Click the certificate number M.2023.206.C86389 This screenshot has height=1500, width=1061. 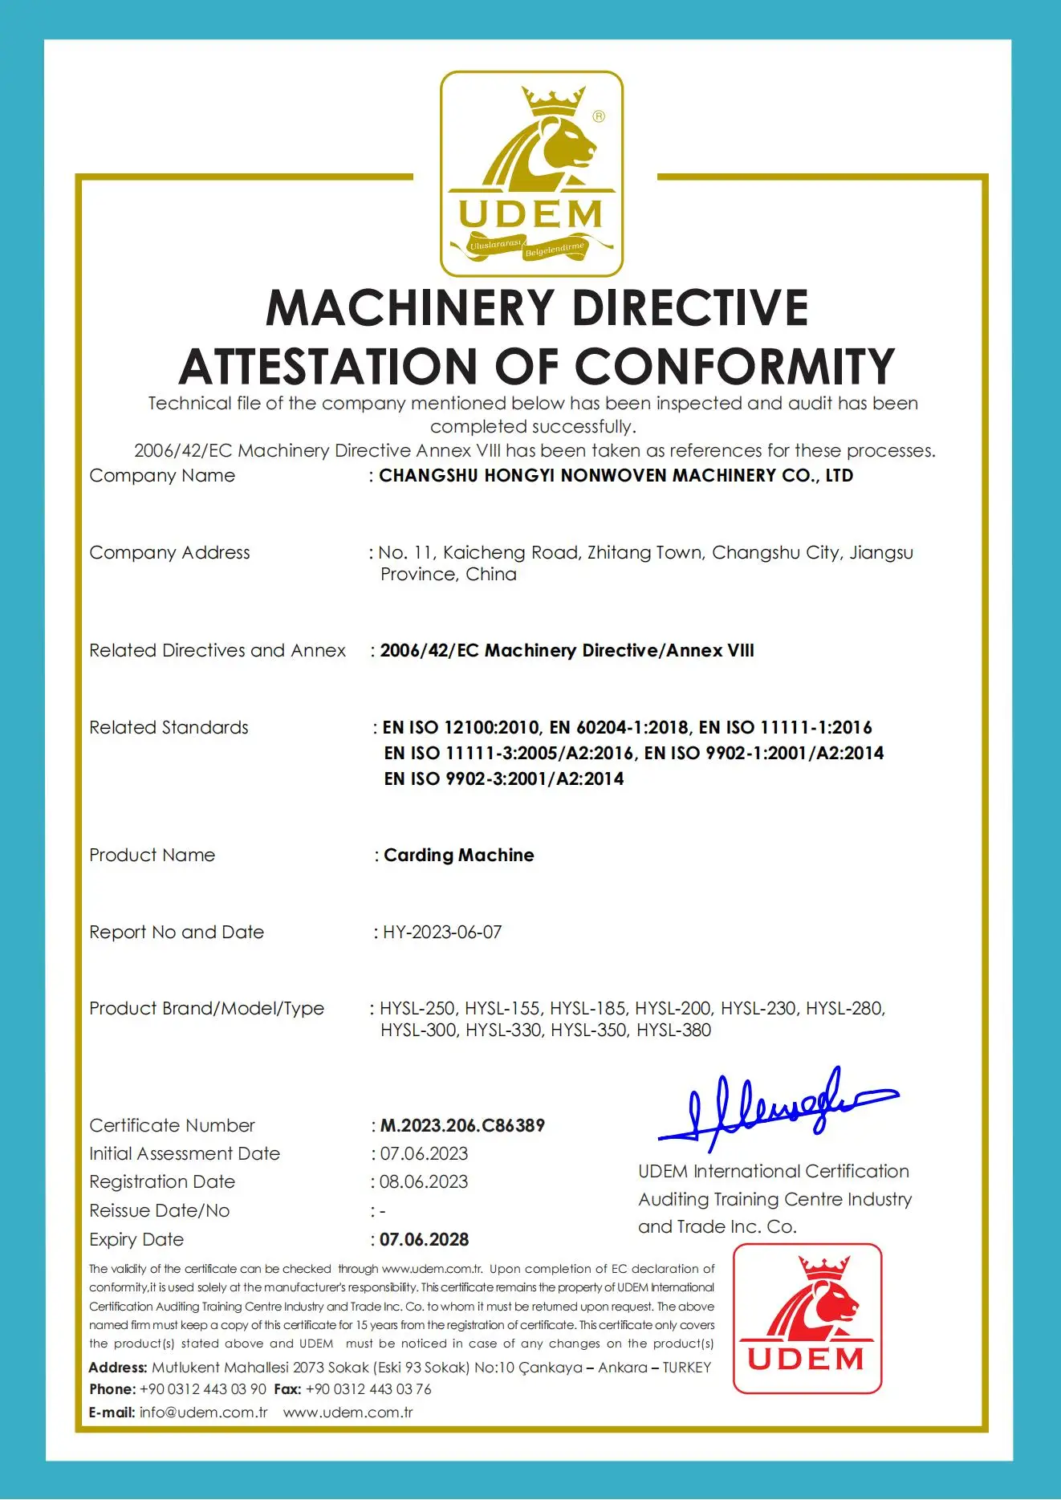[x=462, y=1125]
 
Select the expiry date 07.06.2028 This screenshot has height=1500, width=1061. [x=424, y=1239]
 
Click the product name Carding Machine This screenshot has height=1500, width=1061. [x=458, y=855]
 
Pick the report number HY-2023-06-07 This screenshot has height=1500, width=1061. [x=442, y=932]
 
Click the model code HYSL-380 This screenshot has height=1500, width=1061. [x=673, y=1030]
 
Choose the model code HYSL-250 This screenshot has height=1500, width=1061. [x=418, y=1008]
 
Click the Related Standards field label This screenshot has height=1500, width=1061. [x=169, y=727]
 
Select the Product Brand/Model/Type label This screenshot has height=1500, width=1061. [x=206, y=1008]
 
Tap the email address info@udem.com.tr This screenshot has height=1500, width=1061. [x=203, y=1412]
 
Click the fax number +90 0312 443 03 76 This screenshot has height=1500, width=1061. [x=368, y=1388]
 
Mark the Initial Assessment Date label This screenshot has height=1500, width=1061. [x=185, y=1153]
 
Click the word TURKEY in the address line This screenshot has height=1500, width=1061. [x=687, y=1367]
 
